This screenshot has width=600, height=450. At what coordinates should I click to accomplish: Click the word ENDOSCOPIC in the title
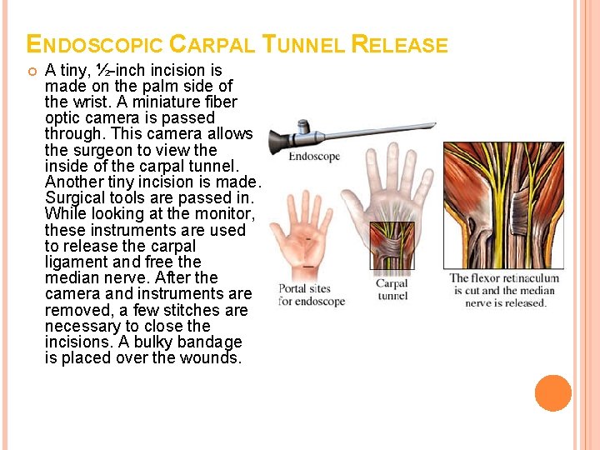click(x=95, y=44)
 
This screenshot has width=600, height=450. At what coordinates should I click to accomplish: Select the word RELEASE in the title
click(x=400, y=44)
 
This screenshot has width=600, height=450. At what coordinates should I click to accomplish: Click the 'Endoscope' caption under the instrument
click(x=314, y=157)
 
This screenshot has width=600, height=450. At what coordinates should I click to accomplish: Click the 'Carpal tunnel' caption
click(x=392, y=290)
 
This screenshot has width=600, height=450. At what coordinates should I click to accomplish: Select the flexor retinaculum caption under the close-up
click(x=505, y=290)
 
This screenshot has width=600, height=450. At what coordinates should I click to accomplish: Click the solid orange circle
click(x=553, y=393)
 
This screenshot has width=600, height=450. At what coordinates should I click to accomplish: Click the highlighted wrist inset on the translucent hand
click(x=392, y=246)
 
